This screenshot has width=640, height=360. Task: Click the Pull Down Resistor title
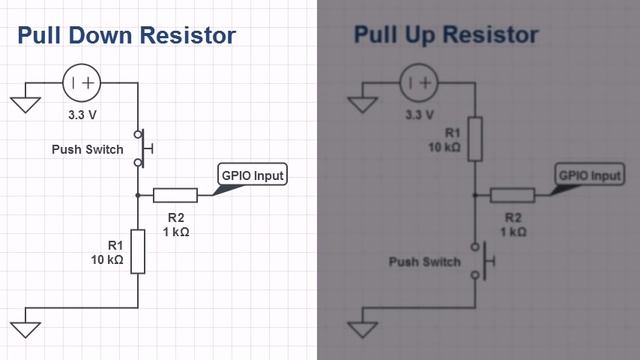click(x=126, y=36)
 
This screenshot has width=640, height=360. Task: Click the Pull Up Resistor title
click(x=445, y=36)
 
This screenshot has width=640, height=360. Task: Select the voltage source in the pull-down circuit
click(x=83, y=83)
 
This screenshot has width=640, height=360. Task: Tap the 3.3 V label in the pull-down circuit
click(x=83, y=114)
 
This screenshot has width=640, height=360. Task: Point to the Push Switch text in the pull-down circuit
click(x=87, y=150)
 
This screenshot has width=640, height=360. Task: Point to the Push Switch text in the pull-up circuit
click(x=425, y=263)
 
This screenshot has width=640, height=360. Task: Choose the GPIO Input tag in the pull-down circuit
click(x=253, y=176)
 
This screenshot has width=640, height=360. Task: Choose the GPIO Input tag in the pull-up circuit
click(x=589, y=176)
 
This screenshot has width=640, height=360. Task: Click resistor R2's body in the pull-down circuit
click(x=175, y=195)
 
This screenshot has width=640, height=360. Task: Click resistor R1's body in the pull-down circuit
click(x=137, y=251)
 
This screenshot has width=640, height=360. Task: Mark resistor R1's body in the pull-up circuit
click(x=475, y=138)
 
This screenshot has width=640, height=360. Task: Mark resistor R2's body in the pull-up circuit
click(x=512, y=195)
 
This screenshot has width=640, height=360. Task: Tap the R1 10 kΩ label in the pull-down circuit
click(x=106, y=251)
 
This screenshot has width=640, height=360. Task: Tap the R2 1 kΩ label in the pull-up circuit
click(x=512, y=224)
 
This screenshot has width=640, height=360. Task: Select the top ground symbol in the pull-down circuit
click(x=24, y=100)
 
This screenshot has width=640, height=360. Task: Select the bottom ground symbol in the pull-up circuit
click(x=362, y=326)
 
